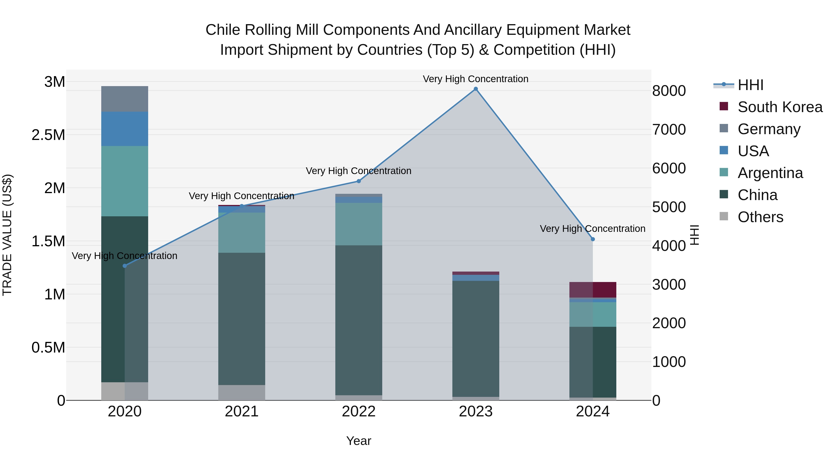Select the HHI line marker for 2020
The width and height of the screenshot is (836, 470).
pyautogui.click(x=125, y=266)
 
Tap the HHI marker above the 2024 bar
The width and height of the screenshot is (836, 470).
pyautogui.click(x=593, y=239)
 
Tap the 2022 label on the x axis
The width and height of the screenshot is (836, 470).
pyautogui.click(x=359, y=412)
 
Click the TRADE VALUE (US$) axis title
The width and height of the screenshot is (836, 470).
pyautogui.click(x=7, y=235)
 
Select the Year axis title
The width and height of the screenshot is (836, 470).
pyautogui.click(x=359, y=441)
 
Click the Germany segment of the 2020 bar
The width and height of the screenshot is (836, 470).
pyautogui.click(x=125, y=99)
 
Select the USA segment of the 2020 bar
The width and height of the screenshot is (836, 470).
pyautogui.click(x=125, y=129)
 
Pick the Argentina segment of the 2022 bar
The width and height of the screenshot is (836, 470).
pyautogui.click(x=359, y=224)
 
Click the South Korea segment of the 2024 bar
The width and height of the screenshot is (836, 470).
pyautogui.click(x=593, y=290)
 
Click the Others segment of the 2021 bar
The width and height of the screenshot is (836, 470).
pyautogui.click(x=242, y=392)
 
